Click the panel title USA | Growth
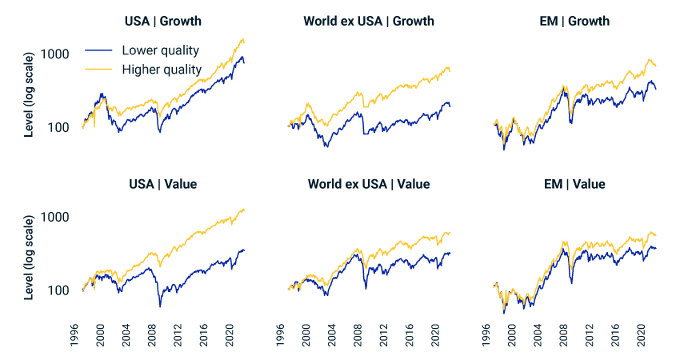[x=163, y=21]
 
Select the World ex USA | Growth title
[x=369, y=21]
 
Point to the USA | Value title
[x=163, y=184]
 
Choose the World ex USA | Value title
[x=369, y=184]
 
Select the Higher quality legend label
[x=162, y=70]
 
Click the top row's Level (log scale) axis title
[x=30, y=94]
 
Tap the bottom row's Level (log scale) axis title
[x=30, y=257]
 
